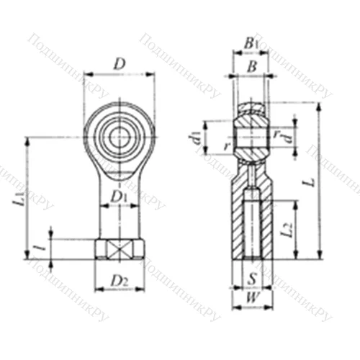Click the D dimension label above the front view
[120, 63]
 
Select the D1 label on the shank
[120, 195]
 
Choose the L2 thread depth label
[287, 230]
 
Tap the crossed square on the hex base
[120, 249]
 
